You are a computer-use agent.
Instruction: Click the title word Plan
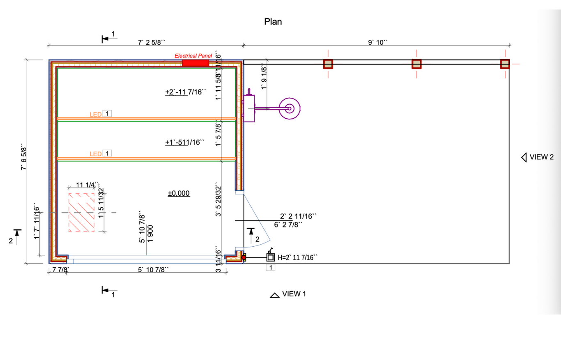tap(273, 22)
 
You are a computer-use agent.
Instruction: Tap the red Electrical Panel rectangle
tap(195, 63)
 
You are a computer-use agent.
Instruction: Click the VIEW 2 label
tap(541, 157)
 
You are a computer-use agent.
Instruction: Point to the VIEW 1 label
tap(294, 294)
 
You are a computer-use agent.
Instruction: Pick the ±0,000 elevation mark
tap(179, 193)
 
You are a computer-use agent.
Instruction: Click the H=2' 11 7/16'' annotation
tap(298, 258)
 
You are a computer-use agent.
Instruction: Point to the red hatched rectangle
tap(84, 213)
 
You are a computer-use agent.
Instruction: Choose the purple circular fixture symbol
tap(289, 109)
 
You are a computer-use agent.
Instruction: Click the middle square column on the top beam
tap(416, 64)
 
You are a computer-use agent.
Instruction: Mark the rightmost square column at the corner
tap(505, 64)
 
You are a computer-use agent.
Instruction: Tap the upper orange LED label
tap(95, 114)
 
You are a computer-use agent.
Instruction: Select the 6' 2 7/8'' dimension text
tap(288, 225)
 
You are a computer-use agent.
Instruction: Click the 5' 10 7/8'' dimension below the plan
tap(153, 270)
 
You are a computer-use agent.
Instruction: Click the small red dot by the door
tap(243, 257)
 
